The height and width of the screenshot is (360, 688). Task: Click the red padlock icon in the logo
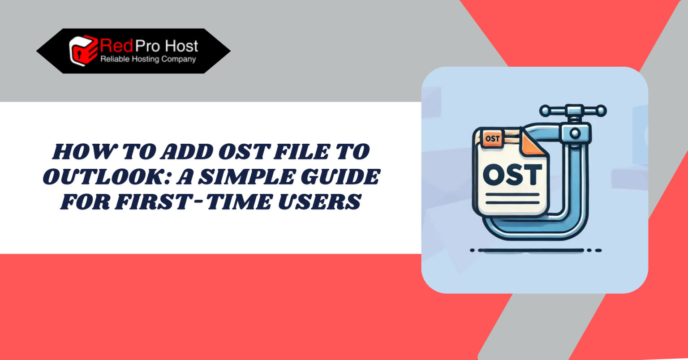point(82,50)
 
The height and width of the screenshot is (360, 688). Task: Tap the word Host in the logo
point(181,46)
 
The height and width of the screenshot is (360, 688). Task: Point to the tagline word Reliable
point(114,59)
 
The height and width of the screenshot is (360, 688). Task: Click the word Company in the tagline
point(179,59)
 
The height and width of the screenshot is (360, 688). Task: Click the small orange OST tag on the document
point(492,138)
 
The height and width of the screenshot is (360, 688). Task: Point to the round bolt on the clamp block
point(574,133)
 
